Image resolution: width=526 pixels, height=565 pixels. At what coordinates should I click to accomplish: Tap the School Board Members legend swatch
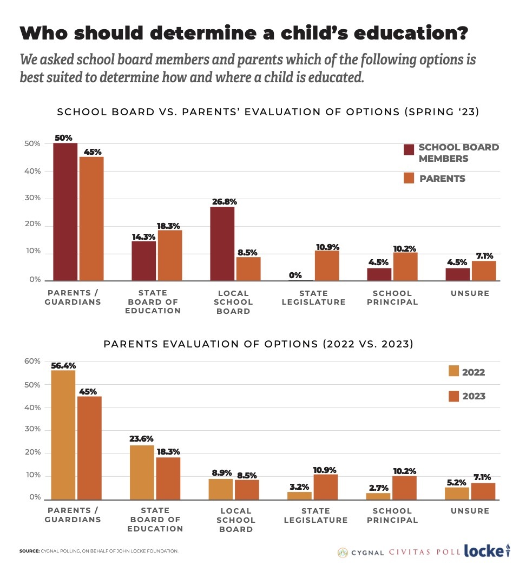(x=409, y=150)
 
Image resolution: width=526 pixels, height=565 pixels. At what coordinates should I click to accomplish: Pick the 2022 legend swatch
(x=453, y=371)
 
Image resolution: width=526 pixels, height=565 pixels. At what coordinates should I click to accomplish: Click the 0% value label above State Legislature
(x=295, y=275)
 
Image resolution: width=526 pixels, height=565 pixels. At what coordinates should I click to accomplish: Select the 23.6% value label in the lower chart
(x=142, y=439)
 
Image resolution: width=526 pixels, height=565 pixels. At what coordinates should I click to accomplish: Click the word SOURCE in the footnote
(x=29, y=551)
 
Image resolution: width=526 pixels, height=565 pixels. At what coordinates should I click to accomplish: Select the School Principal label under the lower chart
(x=392, y=515)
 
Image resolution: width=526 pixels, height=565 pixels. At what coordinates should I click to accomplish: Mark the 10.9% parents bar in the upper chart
(x=327, y=266)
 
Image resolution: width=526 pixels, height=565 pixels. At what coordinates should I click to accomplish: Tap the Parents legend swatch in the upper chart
(x=409, y=178)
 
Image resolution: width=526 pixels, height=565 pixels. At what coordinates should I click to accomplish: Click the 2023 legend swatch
(x=453, y=395)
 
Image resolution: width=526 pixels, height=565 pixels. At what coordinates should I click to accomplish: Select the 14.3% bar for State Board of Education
(x=144, y=261)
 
